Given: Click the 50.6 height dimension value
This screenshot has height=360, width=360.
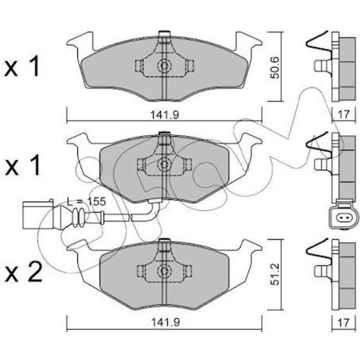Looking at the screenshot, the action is tap(275, 68).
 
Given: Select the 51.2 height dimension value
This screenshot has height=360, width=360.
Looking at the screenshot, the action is tap(275, 274).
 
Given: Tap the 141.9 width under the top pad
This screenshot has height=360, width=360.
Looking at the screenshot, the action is tap(165, 115).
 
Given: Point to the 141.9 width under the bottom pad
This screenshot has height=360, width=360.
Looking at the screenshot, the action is tap(165, 322).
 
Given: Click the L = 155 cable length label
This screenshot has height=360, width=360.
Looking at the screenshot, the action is tap(86, 202).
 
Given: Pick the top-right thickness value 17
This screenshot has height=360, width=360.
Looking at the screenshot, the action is tap(344, 114).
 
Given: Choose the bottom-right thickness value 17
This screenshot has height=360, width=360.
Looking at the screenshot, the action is tap(344, 322).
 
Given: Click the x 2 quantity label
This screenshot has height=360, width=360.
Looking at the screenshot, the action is tap(24, 272).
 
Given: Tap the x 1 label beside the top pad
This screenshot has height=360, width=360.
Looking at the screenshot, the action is tap(22, 66).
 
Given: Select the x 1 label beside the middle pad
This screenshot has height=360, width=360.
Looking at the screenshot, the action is tap(22, 165).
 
